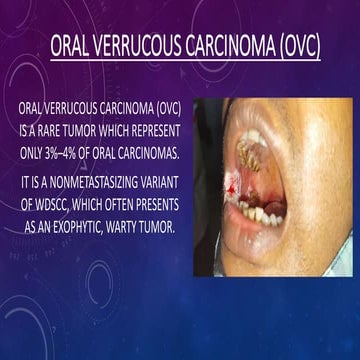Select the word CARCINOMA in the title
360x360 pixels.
tap(222, 46)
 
